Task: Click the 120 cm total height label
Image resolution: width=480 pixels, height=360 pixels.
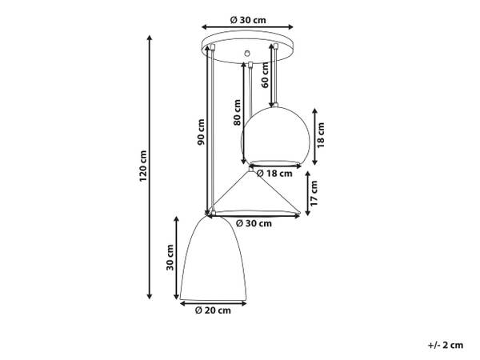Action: pos(143,166)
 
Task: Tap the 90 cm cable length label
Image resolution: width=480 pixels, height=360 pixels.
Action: pos(201,132)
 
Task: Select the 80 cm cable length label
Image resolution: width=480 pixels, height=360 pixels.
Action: pos(237,112)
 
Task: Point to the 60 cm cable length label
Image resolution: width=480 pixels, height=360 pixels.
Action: pos(265,75)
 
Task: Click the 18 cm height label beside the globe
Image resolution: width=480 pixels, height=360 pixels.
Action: pos(321,135)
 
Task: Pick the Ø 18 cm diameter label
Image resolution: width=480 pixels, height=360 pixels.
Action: pos(274,174)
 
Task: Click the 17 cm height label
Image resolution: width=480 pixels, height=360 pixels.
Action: pos(314,193)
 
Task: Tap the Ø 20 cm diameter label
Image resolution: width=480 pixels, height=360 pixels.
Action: pos(213,310)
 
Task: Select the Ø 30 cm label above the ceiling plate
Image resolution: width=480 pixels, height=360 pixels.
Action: pos(248,20)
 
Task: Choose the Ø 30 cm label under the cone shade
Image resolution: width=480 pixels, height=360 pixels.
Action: pos(254,223)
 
